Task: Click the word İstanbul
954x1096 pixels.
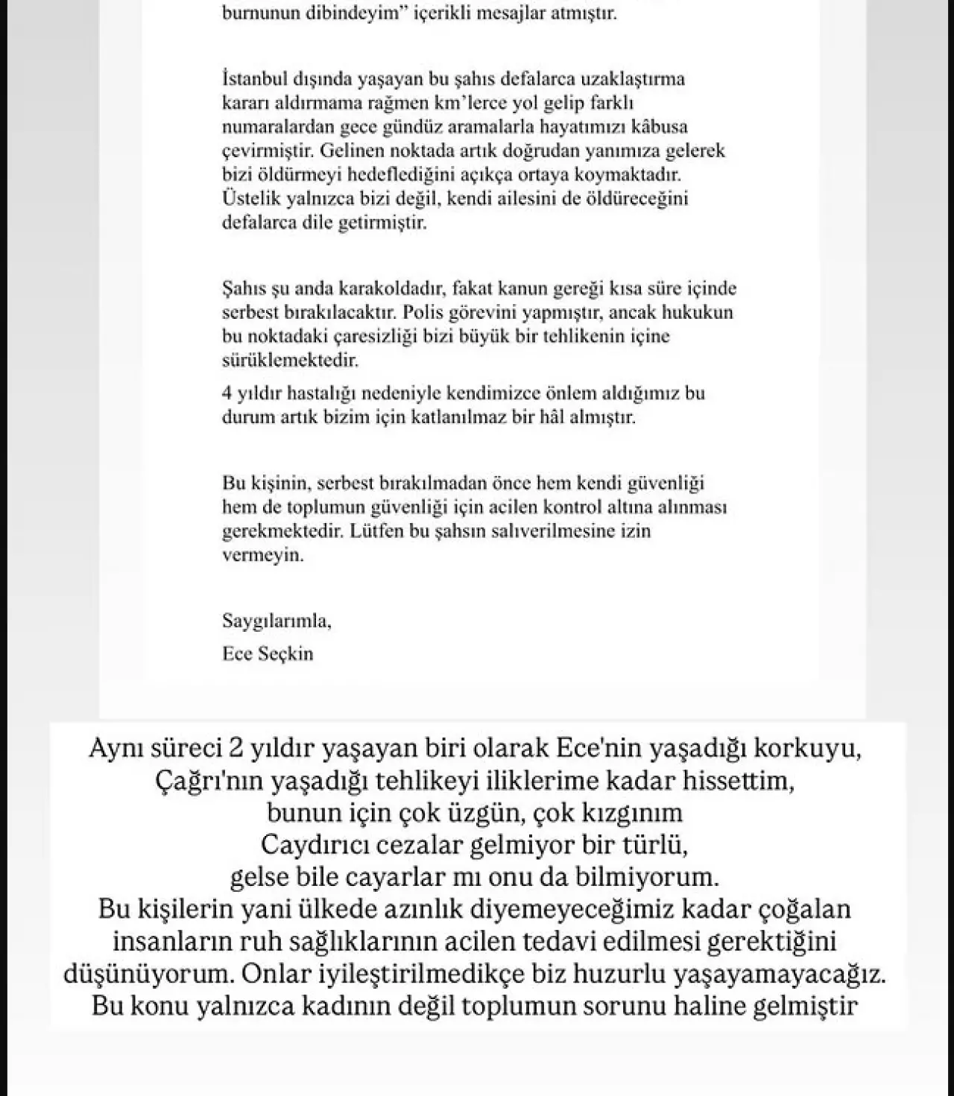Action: point(250,78)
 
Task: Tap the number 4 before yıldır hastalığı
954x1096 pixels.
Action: point(227,393)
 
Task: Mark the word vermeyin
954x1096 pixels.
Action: point(263,555)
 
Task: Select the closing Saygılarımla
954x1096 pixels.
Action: point(276,620)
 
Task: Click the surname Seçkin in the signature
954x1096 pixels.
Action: point(285,653)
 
